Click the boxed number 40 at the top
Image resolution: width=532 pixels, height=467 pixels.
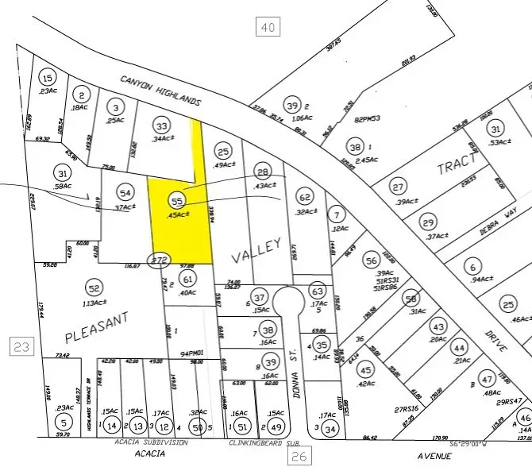click(269, 29)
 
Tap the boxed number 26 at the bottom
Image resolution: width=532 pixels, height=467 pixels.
click(299, 456)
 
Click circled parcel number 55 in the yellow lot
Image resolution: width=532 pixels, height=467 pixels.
click(177, 203)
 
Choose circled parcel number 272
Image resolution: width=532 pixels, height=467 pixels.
click(161, 260)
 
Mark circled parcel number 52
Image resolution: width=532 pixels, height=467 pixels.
click(95, 288)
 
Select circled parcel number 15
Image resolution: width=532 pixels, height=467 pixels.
click(48, 78)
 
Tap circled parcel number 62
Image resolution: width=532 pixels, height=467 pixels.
click(304, 196)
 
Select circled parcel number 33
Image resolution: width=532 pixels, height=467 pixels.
click(162, 125)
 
